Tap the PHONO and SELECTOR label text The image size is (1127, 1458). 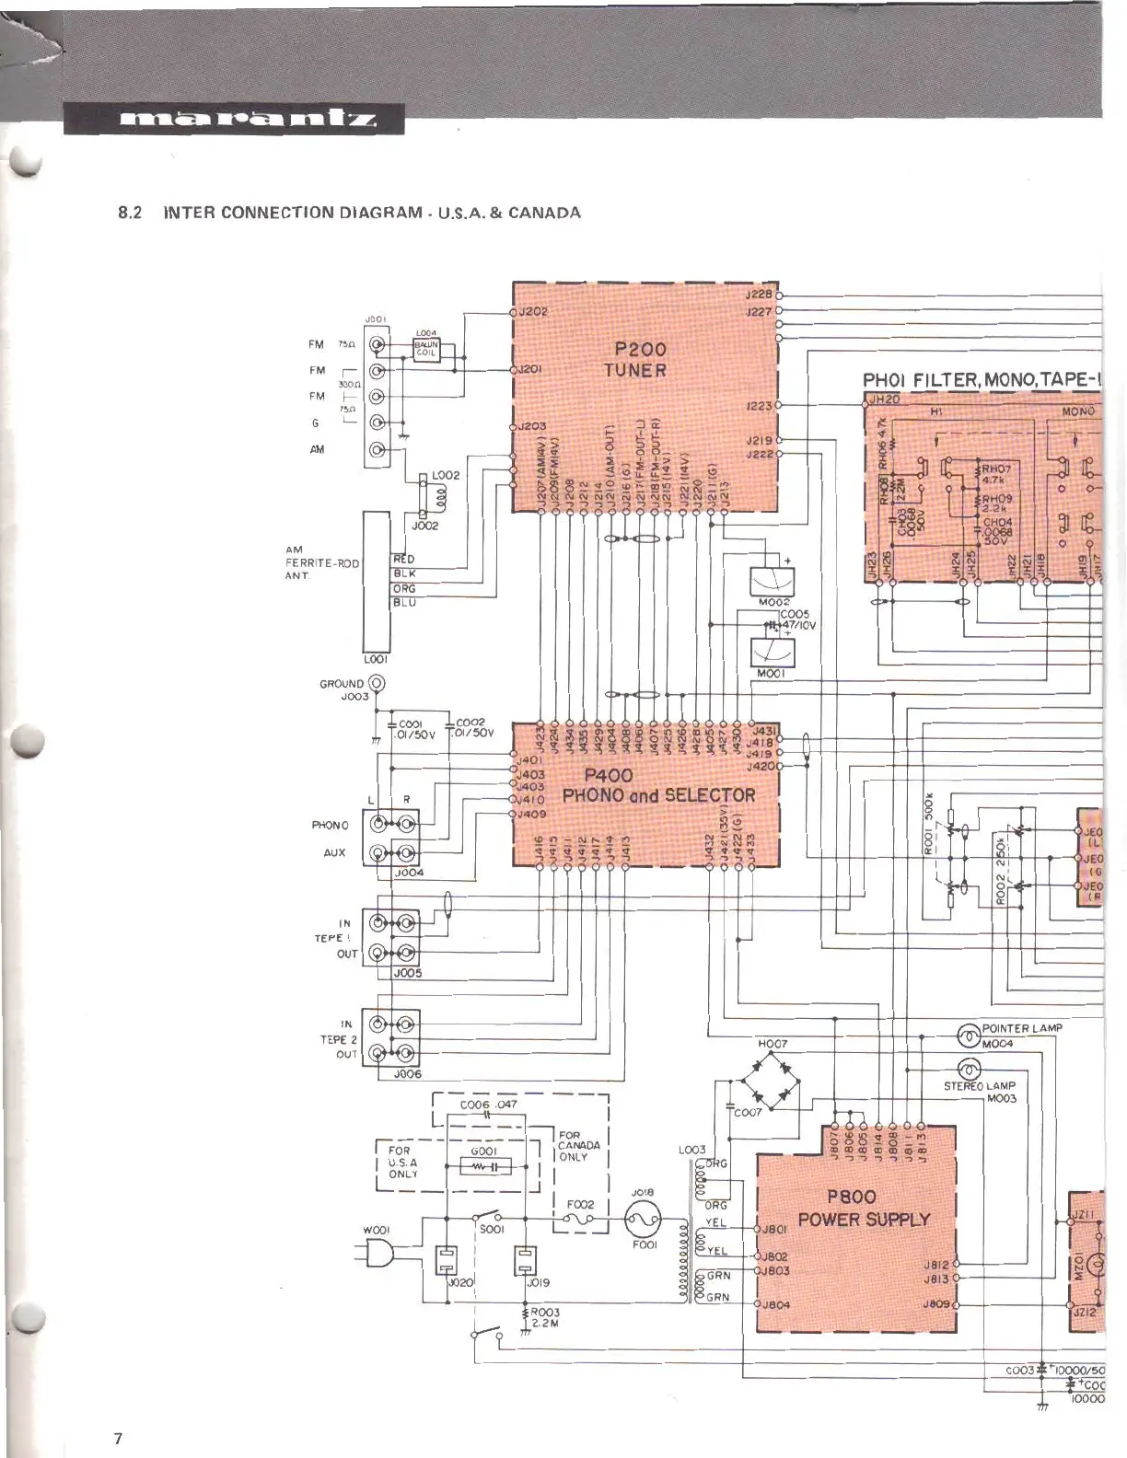pyautogui.click(x=658, y=795)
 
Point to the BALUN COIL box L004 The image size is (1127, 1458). pyautogui.click(x=426, y=348)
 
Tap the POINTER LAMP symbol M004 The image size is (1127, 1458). pyautogui.click(x=968, y=1036)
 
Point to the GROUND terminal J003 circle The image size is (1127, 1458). pyautogui.click(x=377, y=684)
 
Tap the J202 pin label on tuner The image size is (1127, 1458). pyautogui.click(x=532, y=311)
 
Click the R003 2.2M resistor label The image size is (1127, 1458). pyautogui.click(x=544, y=1318)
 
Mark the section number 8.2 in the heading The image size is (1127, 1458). pyautogui.click(x=128, y=213)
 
